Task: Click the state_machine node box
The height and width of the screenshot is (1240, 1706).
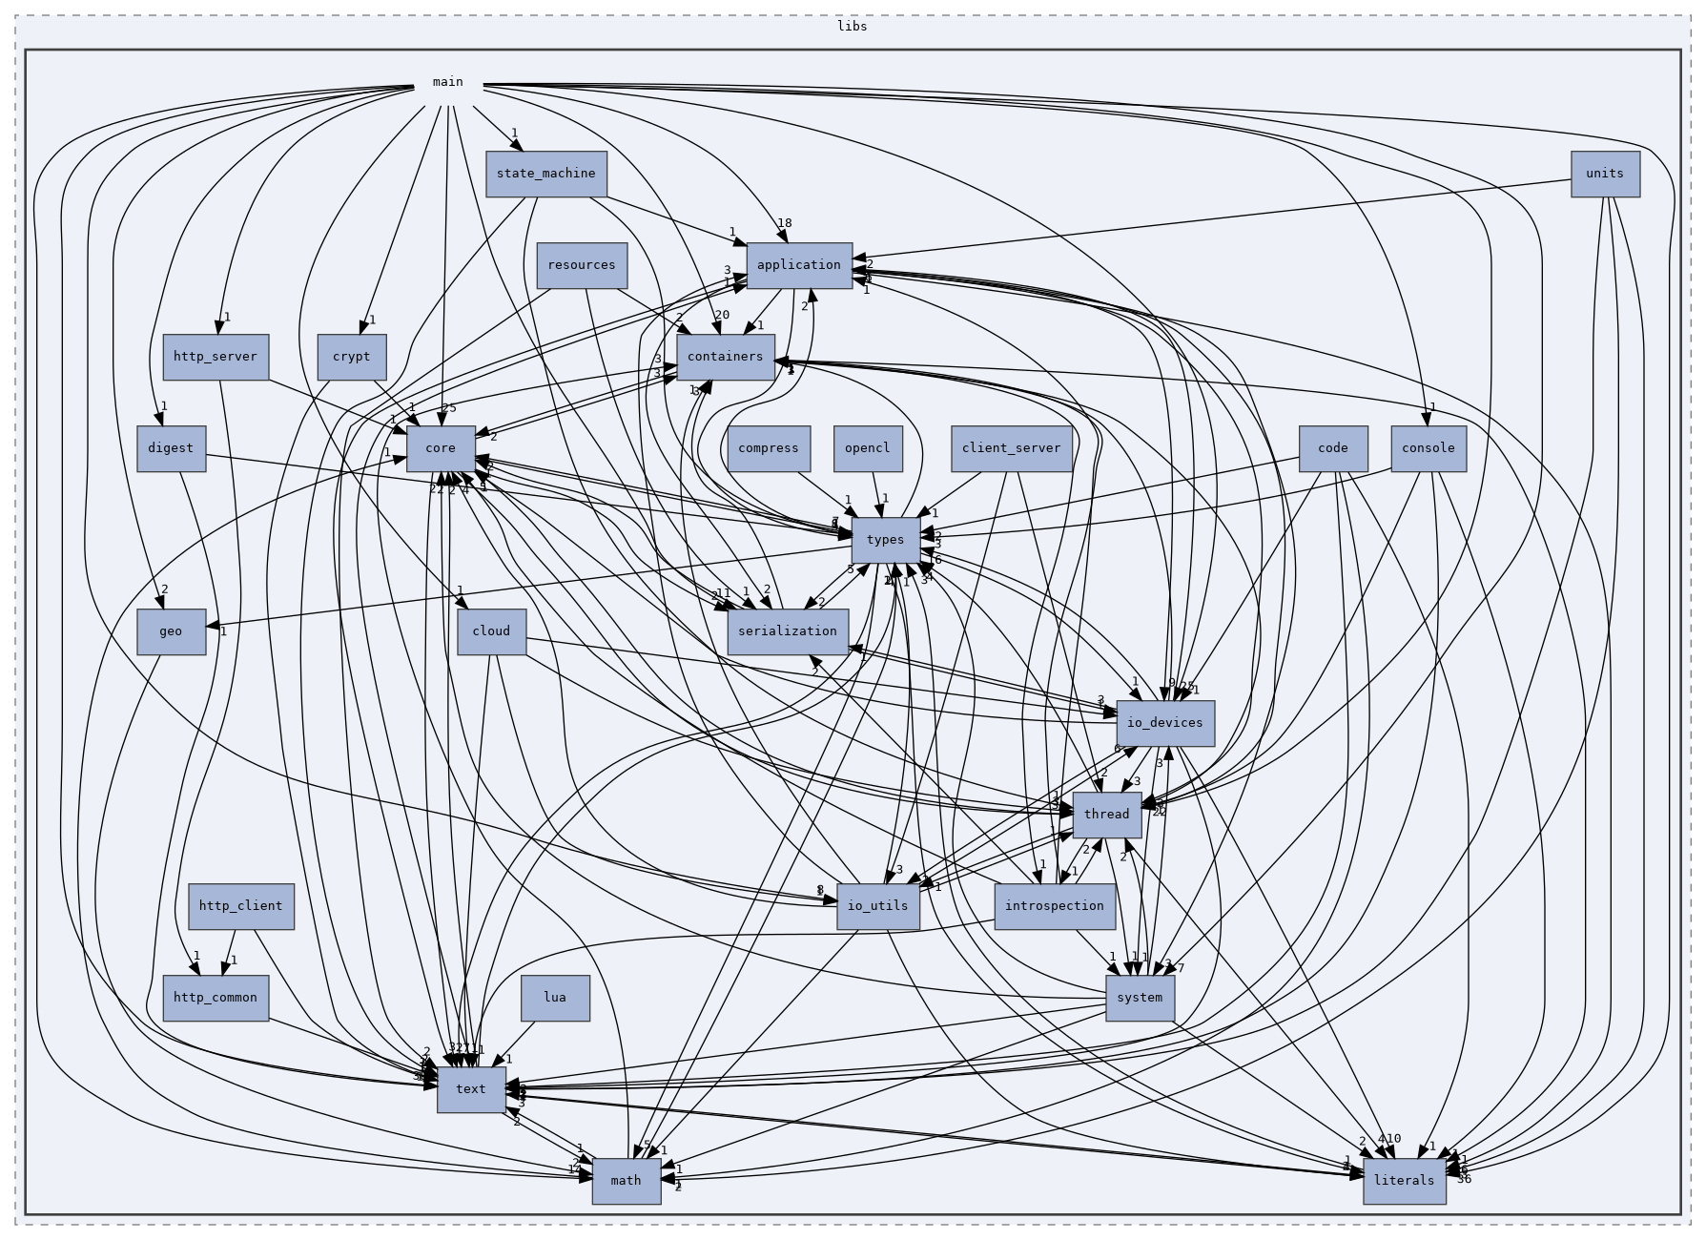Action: pos(545,174)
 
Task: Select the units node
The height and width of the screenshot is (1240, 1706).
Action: pos(1605,174)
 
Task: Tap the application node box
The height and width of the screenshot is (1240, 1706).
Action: pos(798,265)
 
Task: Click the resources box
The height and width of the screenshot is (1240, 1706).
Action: pos(582,265)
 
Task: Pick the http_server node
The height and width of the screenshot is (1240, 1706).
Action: pos(216,357)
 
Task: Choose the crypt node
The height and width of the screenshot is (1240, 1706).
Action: pos(351,357)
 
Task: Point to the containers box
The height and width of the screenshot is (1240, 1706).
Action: pos(725,357)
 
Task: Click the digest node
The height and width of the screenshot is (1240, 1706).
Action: pos(171,448)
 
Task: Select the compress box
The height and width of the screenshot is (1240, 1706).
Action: pos(768,448)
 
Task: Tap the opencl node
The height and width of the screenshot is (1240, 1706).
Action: pos(867,448)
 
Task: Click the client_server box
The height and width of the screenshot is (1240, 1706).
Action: pos(1011,448)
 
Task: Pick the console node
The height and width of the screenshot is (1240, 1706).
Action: pos(1428,448)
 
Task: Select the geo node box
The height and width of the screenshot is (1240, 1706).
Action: pos(171,631)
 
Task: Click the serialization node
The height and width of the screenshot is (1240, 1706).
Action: pos(787,631)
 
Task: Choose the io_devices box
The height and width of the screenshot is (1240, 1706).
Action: pos(1164,723)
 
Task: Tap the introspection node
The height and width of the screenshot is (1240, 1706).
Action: pos(1054,906)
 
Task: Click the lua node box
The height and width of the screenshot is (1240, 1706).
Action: pos(554,998)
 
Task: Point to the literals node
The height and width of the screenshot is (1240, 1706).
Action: pos(1404,1181)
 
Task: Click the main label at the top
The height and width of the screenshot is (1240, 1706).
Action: pos(447,82)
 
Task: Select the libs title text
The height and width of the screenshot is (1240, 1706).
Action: pos(852,26)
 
